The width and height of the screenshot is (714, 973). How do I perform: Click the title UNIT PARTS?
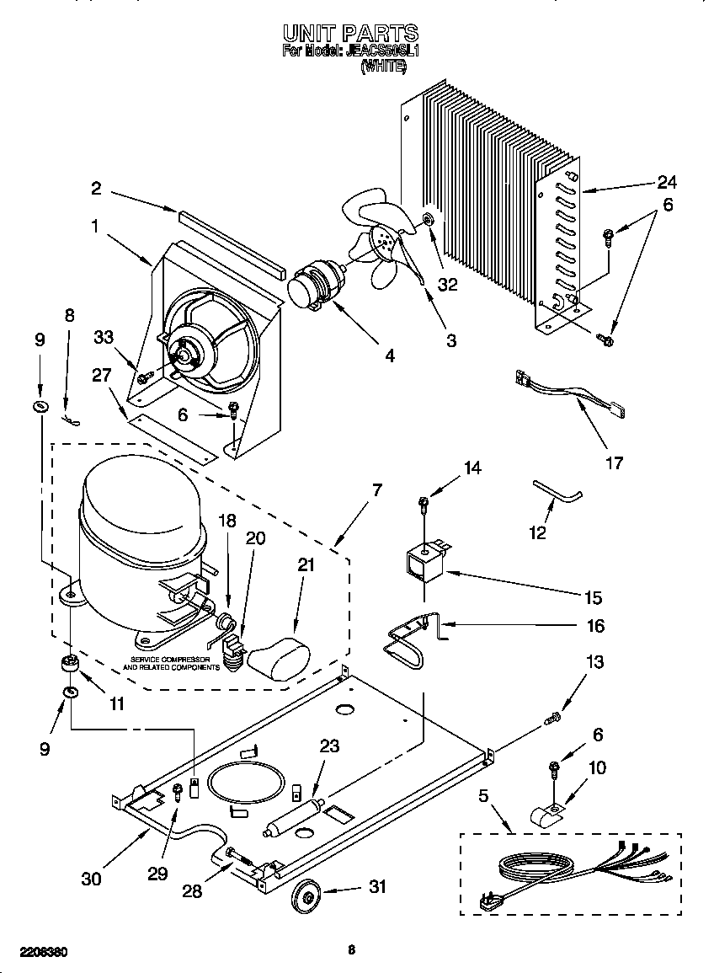pos(350,33)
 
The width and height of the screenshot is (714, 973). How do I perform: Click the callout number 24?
pos(667,182)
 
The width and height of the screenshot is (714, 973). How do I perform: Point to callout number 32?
pos(447,284)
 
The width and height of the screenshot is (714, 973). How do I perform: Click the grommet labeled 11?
pos(69,665)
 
